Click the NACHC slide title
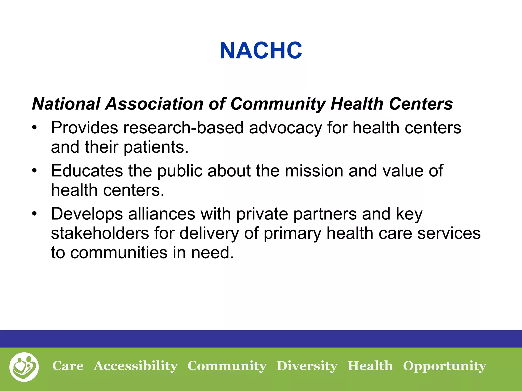pos(261,51)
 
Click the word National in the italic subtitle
pos(66,104)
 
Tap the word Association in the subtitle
pos(154,104)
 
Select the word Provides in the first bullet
pos(84,128)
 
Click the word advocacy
pos(285,128)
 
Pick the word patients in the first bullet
pos(156,148)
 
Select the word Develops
pos(87,214)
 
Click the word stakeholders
pos(100,233)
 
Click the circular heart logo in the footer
pos(24,367)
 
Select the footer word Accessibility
pos(136,366)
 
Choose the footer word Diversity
pos(307,366)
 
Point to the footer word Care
pos(68,366)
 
